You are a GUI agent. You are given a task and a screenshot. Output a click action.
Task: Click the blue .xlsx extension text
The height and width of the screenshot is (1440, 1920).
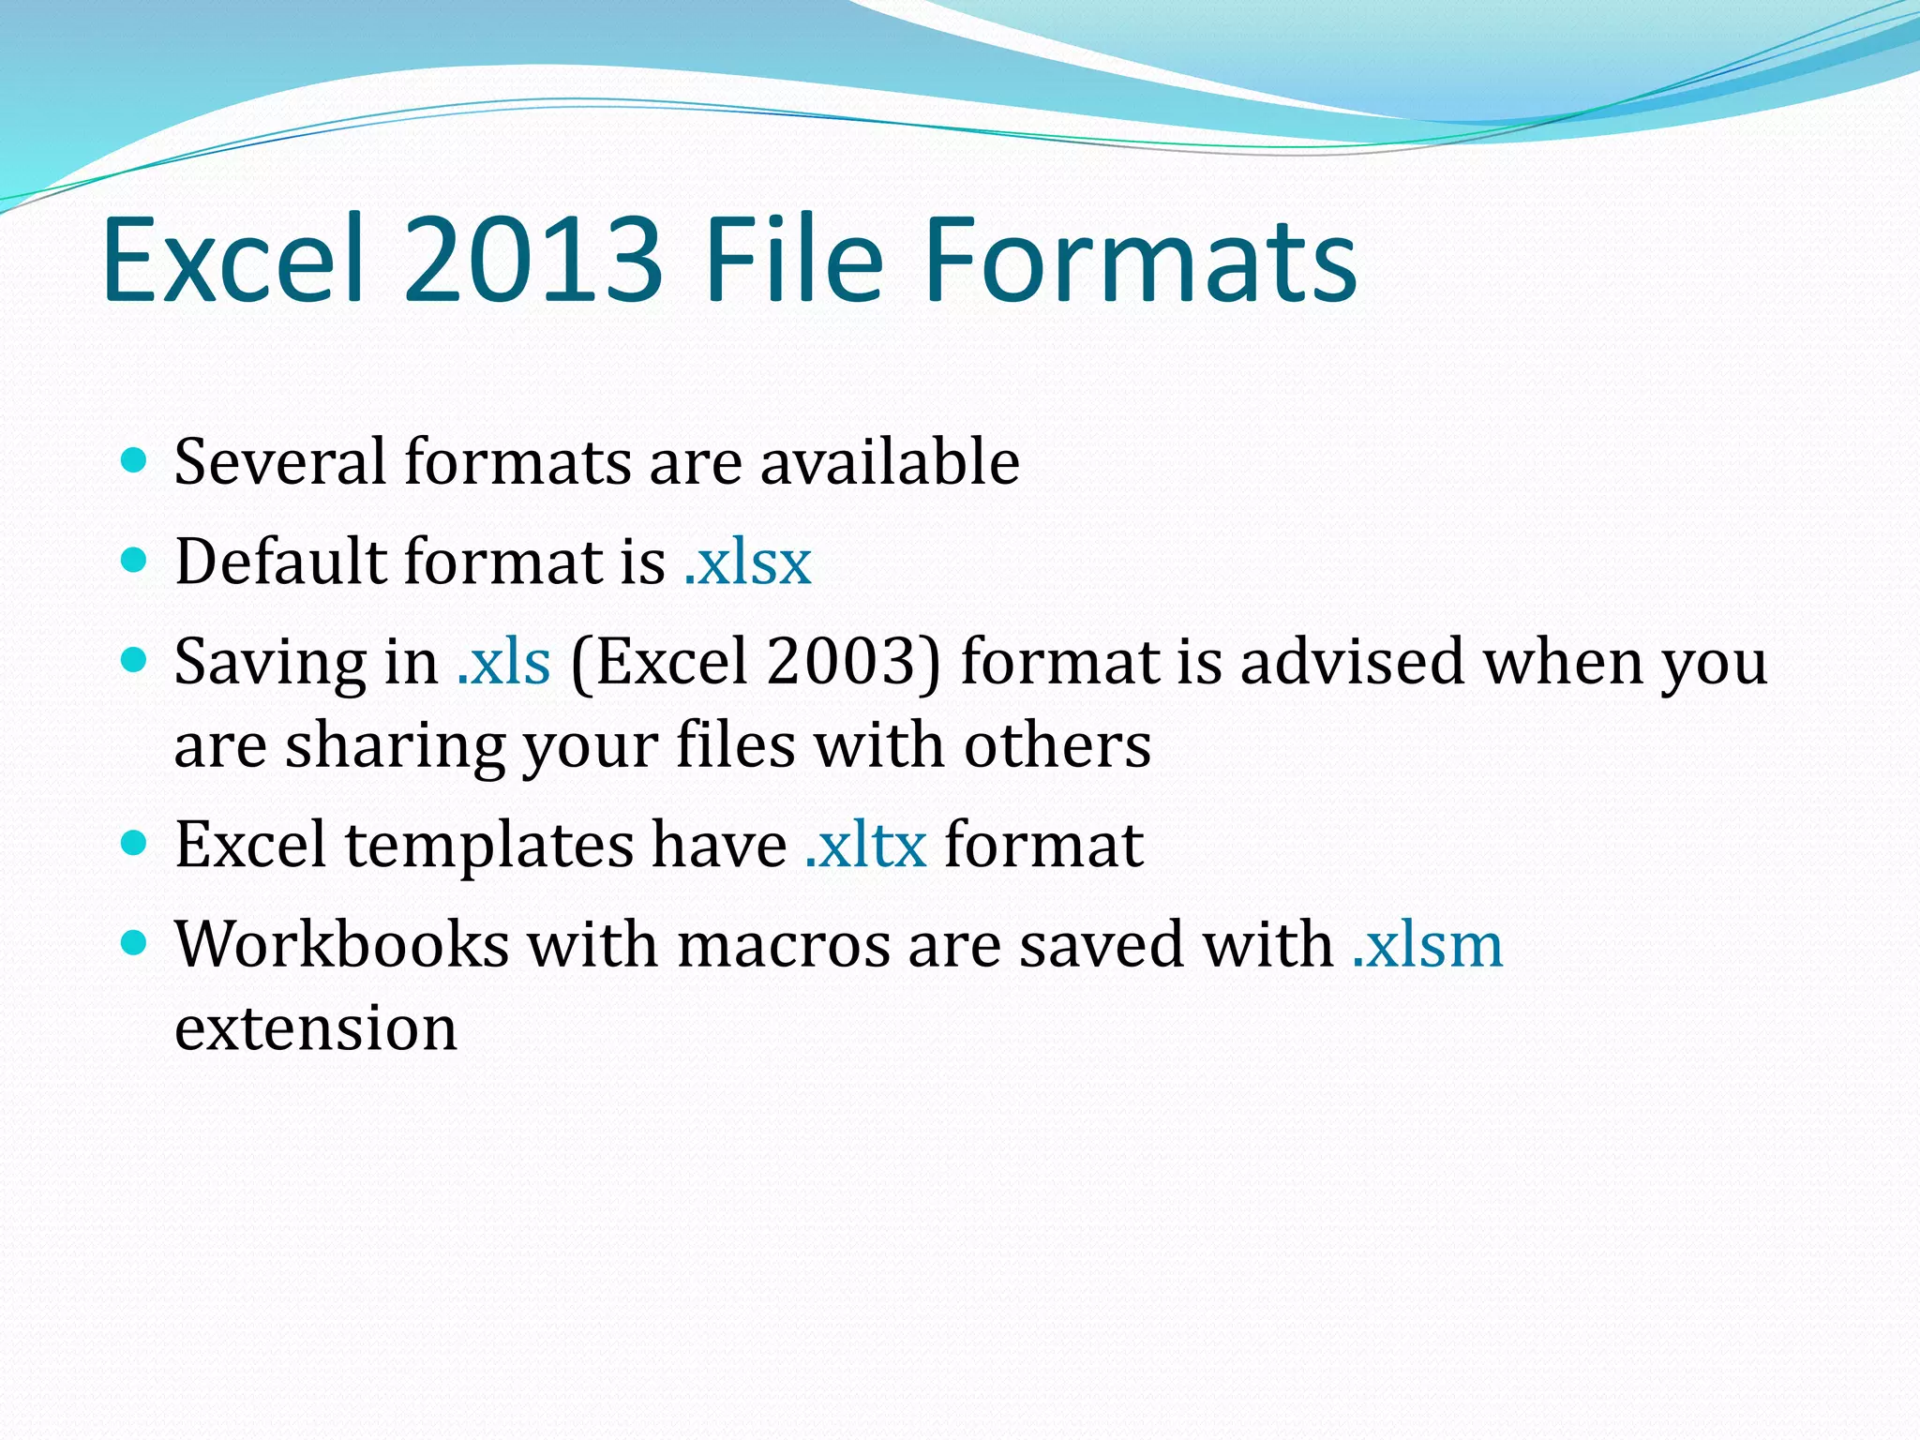[x=748, y=562]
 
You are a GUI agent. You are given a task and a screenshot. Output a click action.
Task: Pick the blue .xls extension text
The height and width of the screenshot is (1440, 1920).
[x=504, y=662]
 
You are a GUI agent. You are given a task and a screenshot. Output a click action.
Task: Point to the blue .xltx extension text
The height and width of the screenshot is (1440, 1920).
[x=866, y=845]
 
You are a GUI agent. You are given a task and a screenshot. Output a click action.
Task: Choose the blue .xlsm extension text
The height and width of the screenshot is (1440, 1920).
[x=1428, y=945]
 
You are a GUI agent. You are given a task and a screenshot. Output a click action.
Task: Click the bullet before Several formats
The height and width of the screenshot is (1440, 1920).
[x=135, y=460]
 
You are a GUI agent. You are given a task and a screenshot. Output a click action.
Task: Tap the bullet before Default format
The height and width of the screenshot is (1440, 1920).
[x=135, y=561]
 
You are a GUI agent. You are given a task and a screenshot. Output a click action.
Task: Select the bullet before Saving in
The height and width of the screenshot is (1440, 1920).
[x=135, y=660]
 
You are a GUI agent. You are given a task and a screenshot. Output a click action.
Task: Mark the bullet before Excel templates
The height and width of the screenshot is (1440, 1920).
[x=135, y=843]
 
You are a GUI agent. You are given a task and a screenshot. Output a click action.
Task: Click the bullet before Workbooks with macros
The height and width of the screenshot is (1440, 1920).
[x=135, y=942]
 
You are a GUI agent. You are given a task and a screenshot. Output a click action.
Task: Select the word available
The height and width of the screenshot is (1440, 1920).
[x=890, y=462]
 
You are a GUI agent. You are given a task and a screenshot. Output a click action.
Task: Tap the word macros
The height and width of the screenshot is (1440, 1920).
[x=783, y=945]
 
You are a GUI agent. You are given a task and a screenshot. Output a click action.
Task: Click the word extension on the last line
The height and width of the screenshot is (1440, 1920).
[x=316, y=1028]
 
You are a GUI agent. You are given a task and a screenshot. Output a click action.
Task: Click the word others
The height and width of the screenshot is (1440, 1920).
[x=1057, y=745]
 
